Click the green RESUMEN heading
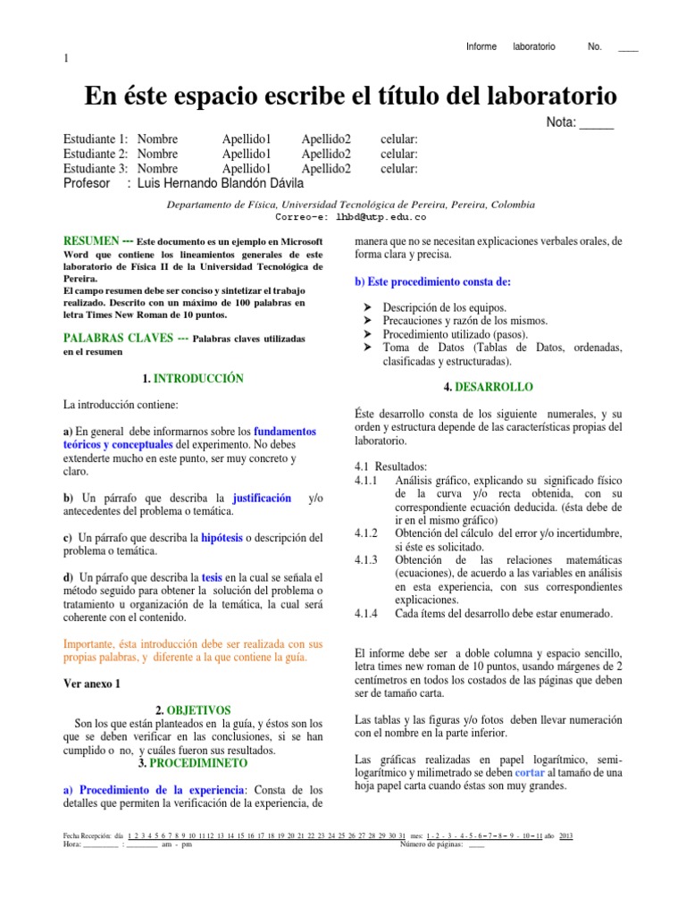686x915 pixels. coord(92,241)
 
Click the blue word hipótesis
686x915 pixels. coord(222,538)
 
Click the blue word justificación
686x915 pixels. coord(262,497)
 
